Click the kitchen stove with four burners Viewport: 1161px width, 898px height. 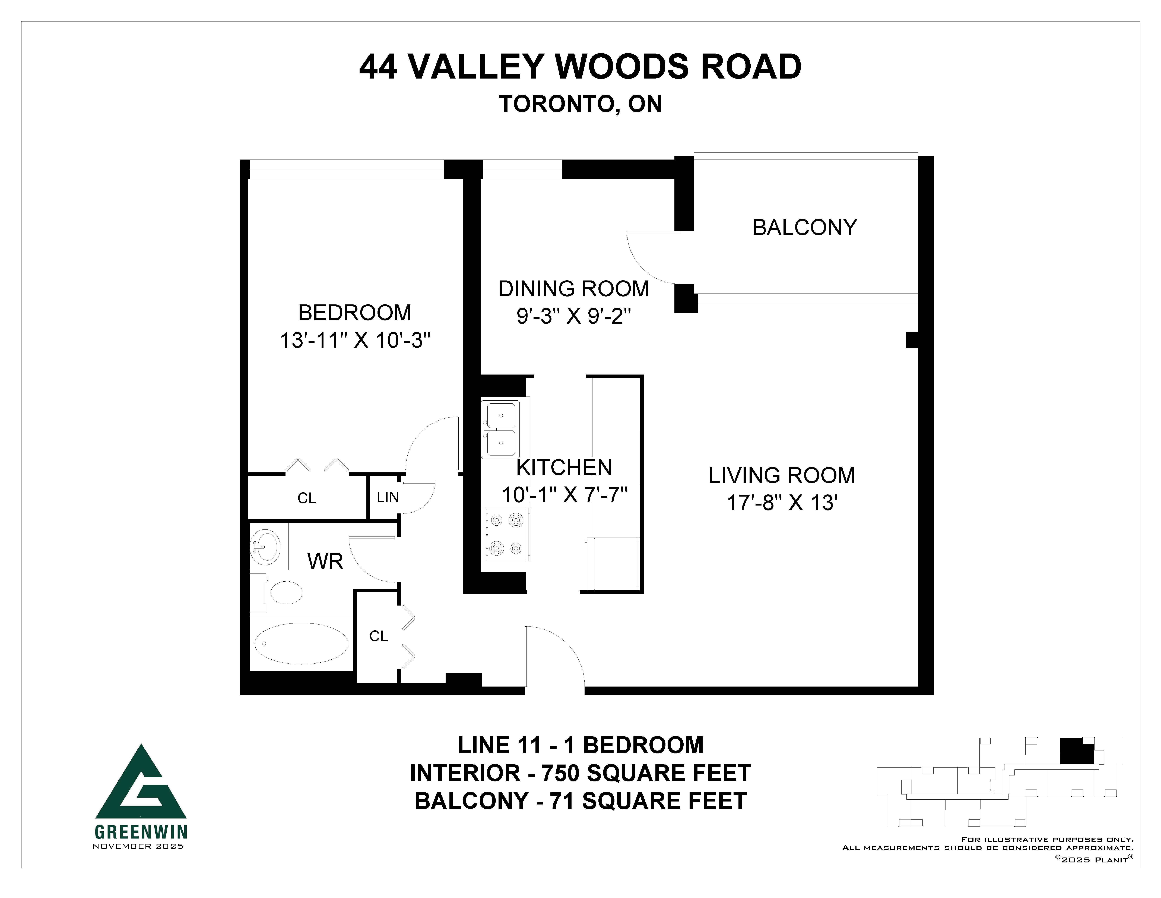pos(506,534)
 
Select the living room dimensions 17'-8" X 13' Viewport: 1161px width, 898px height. pos(782,503)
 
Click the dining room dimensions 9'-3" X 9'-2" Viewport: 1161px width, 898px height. pos(574,317)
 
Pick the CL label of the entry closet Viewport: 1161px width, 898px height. pos(379,636)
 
